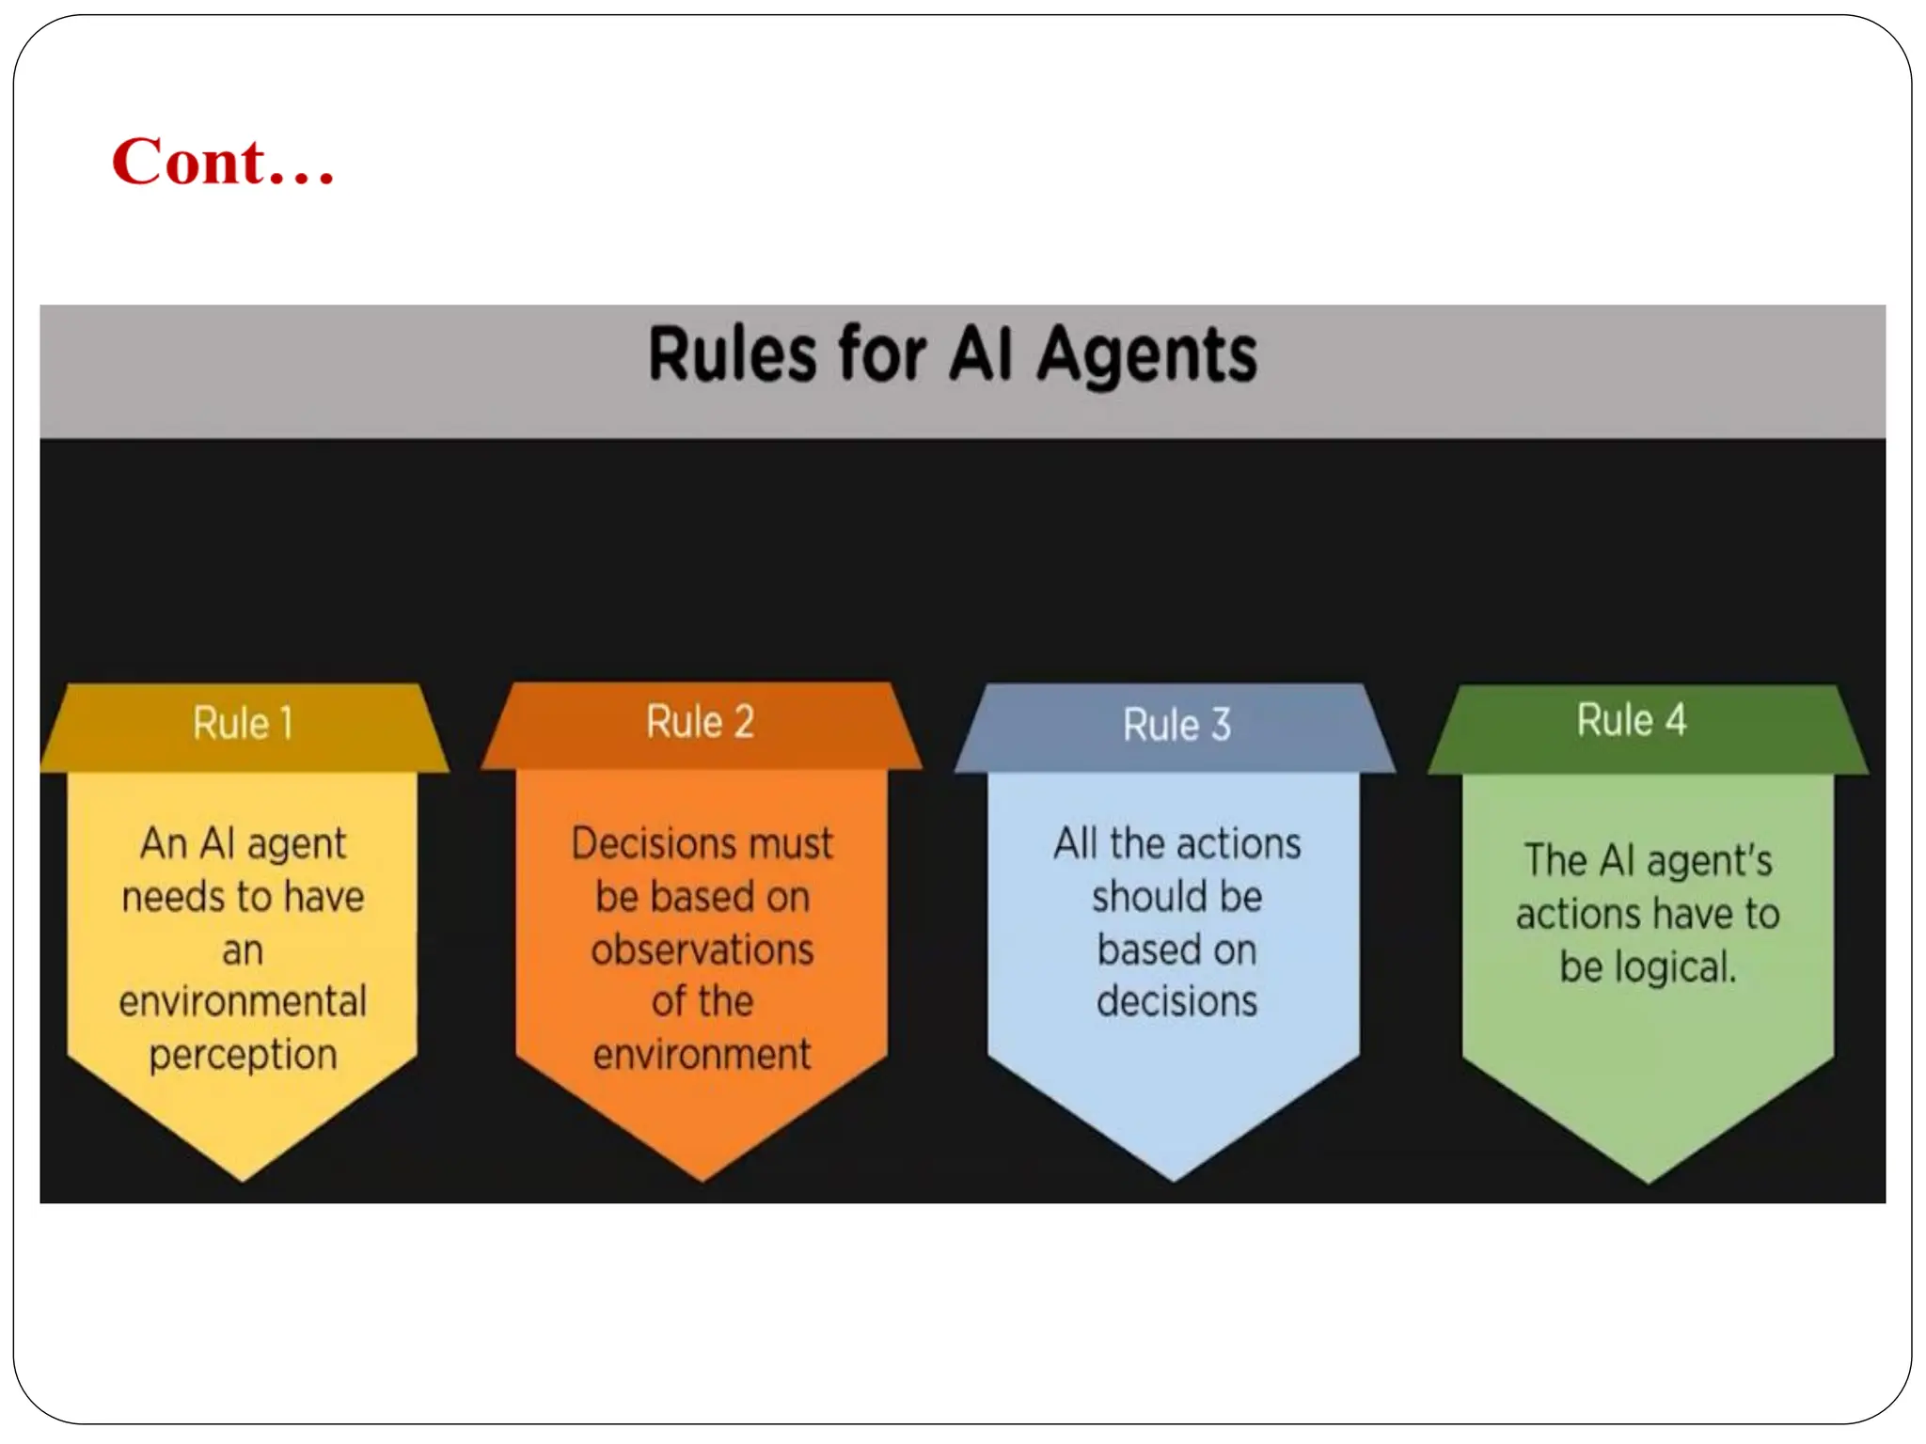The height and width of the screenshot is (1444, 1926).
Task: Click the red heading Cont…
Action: (x=223, y=162)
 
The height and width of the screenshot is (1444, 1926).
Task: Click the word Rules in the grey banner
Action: (x=733, y=354)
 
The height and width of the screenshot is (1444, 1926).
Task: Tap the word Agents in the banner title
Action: (x=1146, y=356)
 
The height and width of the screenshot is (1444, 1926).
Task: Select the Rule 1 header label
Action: (x=244, y=724)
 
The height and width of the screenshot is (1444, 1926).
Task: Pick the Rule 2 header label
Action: (x=701, y=722)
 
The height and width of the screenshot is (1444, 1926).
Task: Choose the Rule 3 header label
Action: (x=1176, y=725)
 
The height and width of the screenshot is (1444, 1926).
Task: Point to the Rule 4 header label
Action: (x=1632, y=720)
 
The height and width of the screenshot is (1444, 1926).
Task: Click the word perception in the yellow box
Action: (x=243, y=1055)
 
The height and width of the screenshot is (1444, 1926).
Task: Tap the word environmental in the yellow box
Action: (x=243, y=1001)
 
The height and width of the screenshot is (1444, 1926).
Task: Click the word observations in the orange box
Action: (x=703, y=950)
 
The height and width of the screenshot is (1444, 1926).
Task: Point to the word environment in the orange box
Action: (x=702, y=1055)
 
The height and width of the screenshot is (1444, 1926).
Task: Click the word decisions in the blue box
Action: (x=1176, y=1001)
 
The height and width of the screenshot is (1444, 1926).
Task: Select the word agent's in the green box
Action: (x=1709, y=861)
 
